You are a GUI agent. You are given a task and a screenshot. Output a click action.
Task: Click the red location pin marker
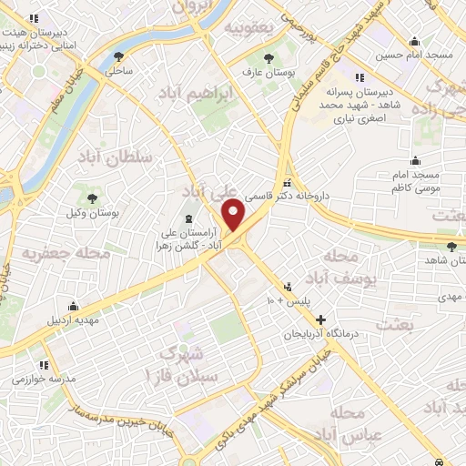pyautogui.click(x=234, y=215)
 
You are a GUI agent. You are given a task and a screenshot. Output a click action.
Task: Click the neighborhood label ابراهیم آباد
pyautogui.click(x=197, y=94)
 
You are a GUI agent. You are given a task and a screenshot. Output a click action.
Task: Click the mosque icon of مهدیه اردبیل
pyautogui.click(x=73, y=307)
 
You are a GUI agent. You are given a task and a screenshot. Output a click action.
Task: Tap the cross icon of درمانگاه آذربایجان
pyautogui.click(x=320, y=319)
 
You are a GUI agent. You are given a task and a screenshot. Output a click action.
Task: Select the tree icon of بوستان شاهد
pyautogui.click(x=451, y=246)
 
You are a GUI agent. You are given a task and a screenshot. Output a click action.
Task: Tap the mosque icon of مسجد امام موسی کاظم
pyautogui.click(x=415, y=161)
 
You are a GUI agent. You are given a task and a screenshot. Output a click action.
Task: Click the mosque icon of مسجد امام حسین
pyautogui.click(x=415, y=42)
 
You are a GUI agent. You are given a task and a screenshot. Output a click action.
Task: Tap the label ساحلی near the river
pyautogui.click(x=119, y=70)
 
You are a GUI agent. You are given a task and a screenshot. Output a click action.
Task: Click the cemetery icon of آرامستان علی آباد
pyautogui.click(x=188, y=218)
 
